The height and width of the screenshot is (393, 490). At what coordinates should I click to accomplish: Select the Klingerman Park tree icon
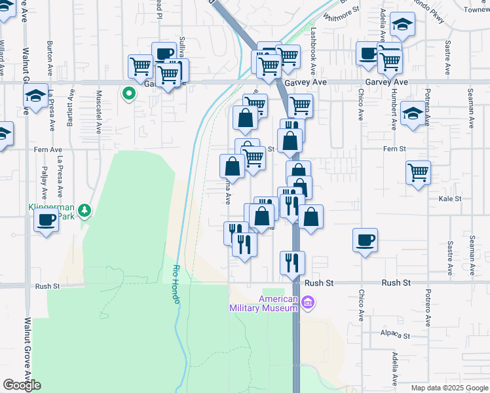coord(84,210)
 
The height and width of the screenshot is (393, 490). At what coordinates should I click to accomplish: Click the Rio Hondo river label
coord(176,284)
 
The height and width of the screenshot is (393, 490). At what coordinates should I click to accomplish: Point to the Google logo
coord(22,385)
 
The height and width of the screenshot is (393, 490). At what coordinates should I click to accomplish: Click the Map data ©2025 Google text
coord(449,388)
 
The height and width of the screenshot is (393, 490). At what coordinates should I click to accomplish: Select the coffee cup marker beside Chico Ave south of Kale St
coord(365,239)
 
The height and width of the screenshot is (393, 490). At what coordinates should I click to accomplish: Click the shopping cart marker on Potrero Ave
coord(418,173)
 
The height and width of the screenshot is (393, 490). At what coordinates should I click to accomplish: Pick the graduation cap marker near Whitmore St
coord(402,26)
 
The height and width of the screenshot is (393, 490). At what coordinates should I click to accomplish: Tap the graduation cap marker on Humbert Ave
coord(413,114)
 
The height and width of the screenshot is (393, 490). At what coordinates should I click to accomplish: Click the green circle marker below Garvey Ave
coord(129,94)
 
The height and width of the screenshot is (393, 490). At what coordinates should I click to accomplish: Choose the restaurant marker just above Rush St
coord(292,262)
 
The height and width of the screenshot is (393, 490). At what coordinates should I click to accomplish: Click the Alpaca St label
coord(395,335)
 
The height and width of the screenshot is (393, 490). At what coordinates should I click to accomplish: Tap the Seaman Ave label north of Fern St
coord(471,108)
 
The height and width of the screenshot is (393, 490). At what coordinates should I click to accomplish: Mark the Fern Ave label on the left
coord(47,150)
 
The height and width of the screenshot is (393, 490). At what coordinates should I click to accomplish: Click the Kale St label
coord(451,198)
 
